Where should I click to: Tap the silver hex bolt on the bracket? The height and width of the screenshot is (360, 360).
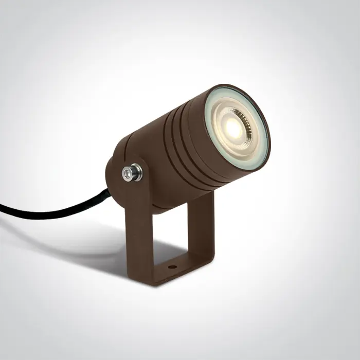(133, 173)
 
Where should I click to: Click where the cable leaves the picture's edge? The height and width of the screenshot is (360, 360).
(2, 209)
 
